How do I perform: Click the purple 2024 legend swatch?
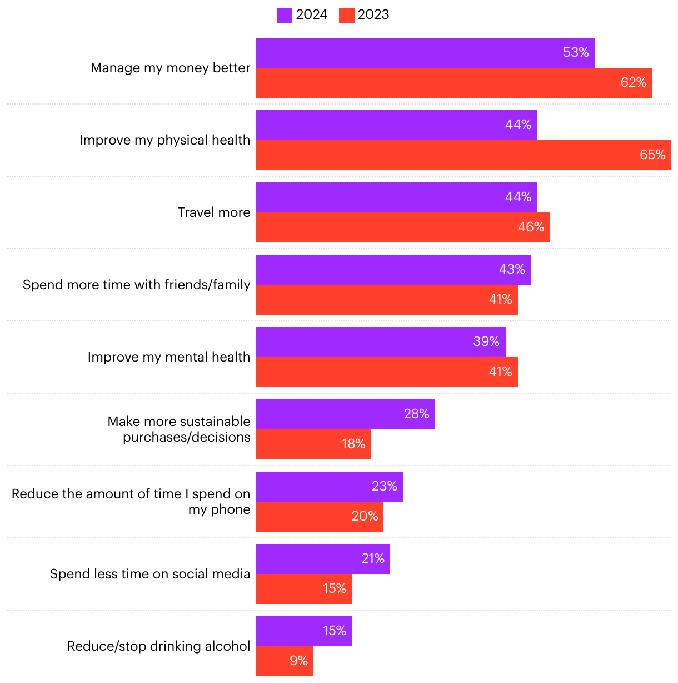point(284,15)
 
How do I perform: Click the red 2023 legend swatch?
point(346,15)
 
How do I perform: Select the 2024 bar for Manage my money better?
point(425,53)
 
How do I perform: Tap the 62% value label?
point(633,83)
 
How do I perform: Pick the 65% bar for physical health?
point(463,155)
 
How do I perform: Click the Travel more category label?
point(214,212)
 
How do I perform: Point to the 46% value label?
point(531,227)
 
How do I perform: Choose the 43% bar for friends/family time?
point(393,270)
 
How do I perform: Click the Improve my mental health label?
point(169,357)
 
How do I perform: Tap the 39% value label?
point(486,342)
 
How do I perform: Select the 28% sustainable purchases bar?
point(345,414)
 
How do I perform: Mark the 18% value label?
point(353,444)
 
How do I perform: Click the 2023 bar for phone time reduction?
point(319,517)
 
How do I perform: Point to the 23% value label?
point(385,487)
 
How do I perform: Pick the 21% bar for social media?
point(322,559)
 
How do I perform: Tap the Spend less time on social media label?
point(150,574)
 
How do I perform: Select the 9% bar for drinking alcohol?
point(284,661)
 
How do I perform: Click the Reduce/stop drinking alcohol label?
point(159,646)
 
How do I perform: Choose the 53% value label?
point(576,53)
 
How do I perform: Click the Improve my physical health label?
point(165,140)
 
